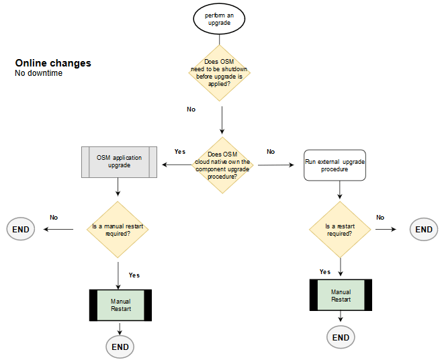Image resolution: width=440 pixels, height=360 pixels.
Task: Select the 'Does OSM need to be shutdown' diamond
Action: point(220,73)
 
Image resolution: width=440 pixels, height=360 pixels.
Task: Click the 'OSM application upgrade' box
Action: point(119,162)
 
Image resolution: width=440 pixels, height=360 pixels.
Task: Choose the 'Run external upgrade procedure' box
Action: point(335,165)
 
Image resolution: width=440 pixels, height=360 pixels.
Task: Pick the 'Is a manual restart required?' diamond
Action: point(118,229)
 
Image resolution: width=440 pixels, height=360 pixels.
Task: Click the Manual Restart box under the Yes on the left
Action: point(121,304)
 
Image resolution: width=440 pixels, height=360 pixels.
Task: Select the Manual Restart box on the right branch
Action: point(341,296)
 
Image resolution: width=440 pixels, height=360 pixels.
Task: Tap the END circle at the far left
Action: point(21,229)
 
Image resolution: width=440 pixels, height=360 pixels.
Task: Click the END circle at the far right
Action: point(424,229)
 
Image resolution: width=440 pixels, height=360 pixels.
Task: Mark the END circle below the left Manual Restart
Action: point(120,347)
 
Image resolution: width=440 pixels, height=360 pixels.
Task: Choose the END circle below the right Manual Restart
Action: point(341,337)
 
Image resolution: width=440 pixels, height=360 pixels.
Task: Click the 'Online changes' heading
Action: point(53,63)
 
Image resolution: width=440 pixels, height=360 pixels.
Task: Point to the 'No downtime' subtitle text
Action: point(38,73)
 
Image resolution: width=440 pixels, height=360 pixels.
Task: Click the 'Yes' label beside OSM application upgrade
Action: point(179,152)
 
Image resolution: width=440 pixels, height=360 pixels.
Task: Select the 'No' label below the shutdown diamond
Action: point(191,109)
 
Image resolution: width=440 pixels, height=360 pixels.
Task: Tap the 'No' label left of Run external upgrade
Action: point(271,152)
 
